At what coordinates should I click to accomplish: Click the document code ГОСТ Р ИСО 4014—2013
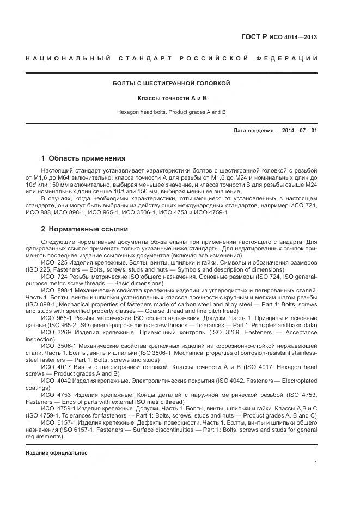pos(279,38)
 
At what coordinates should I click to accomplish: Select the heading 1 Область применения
pos(83,158)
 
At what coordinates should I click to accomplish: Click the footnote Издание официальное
pos(56,453)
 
